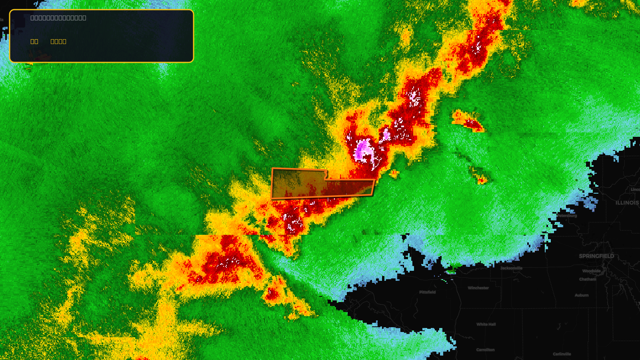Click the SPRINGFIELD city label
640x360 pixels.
tap(596, 256)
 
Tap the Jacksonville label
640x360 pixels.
tap(511, 268)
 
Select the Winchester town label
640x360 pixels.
tap(478, 288)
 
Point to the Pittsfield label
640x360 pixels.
tap(427, 292)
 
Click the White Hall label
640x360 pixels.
tap(486, 324)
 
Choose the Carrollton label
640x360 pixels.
tap(485, 350)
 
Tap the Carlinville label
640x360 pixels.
tap(562, 354)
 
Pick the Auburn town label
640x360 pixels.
tap(582, 295)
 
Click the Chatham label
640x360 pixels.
tap(587, 279)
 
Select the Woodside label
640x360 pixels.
tap(591, 271)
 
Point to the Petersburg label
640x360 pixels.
tap(567, 216)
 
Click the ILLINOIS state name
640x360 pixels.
tap(627, 203)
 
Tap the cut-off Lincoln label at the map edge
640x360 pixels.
tap(635, 190)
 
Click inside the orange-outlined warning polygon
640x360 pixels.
tap(304, 184)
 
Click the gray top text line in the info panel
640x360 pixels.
tap(58, 18)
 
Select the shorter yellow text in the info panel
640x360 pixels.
tap(34, 41)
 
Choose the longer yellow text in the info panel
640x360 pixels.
tap(58, 41)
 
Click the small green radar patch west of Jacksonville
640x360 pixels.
tap(451, 270)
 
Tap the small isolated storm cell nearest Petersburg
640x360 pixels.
tap(482, 180)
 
